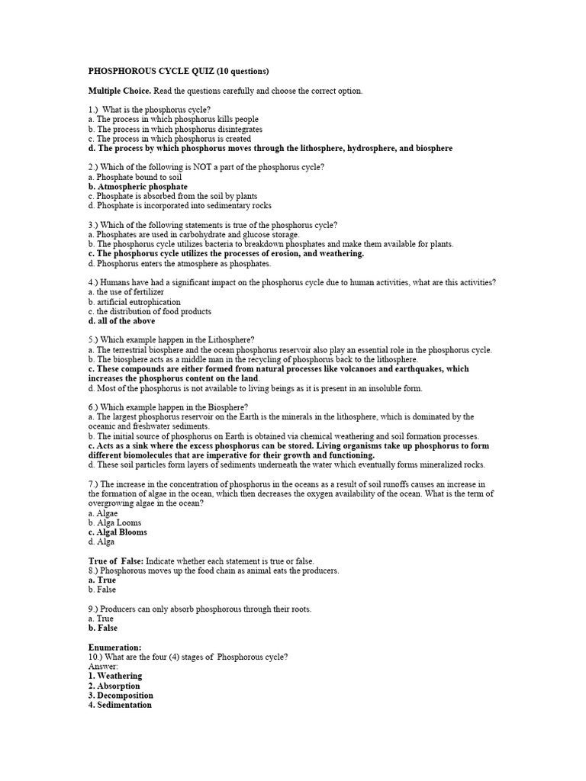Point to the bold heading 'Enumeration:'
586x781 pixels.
(114, 648)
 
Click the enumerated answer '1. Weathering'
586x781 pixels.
(115, 676)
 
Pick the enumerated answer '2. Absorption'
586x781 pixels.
(114, 686)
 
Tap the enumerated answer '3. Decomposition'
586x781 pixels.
(121, 696)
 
